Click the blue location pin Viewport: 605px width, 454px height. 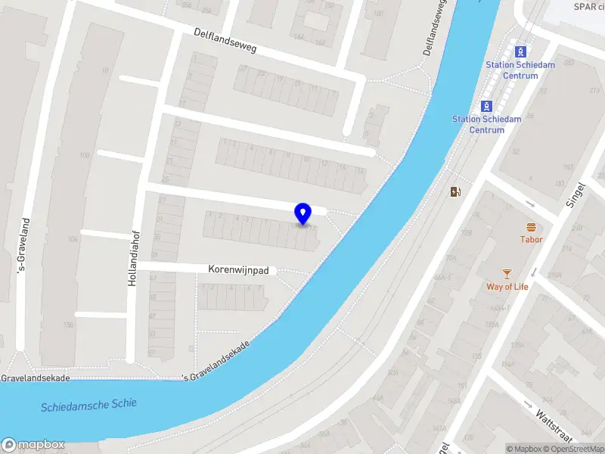(303, 214)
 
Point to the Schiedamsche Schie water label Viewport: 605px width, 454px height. (88, 405)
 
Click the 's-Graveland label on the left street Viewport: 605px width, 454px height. (24, 245)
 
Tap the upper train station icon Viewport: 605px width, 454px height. (520, 51)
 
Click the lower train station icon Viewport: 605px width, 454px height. (487, 106)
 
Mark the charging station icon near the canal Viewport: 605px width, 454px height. (455, 191)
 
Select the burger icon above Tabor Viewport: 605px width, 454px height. (531, 226)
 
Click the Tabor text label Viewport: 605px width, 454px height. (531, 240)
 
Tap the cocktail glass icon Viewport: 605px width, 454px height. (507, 273)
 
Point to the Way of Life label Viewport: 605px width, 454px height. (507, 287)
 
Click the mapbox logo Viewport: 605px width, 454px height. (33, 445)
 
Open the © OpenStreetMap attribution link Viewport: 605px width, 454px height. (573, 449)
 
